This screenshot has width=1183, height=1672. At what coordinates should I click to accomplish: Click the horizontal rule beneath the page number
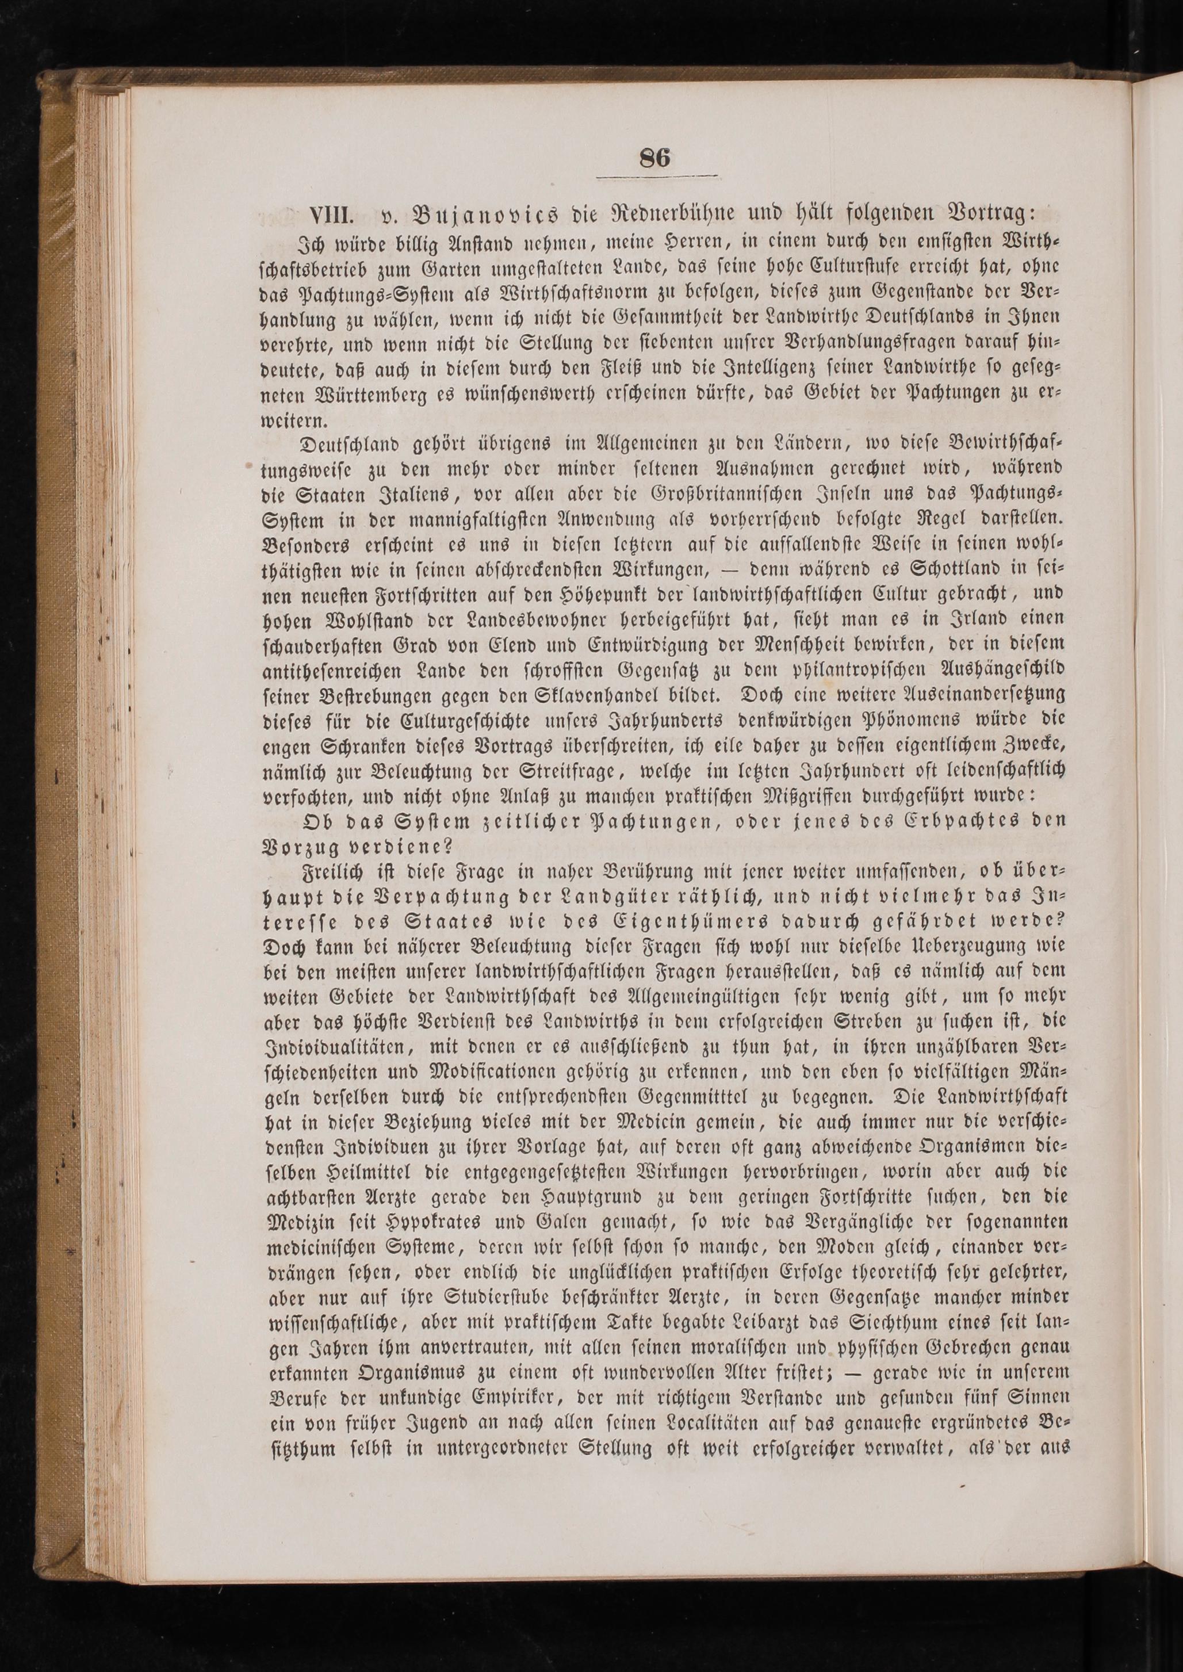click(656, 177)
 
